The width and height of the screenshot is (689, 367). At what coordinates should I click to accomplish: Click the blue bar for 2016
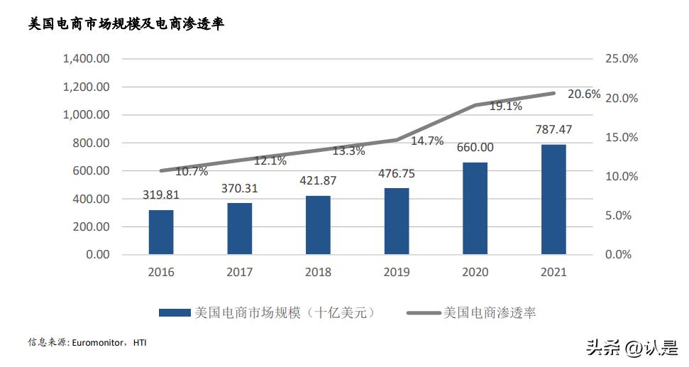point(161,232)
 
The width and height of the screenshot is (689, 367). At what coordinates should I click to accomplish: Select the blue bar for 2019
point(397,221)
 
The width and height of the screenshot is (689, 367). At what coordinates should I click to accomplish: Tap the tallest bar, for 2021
point(554,199)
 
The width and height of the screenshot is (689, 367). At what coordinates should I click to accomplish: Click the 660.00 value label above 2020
point(475,148)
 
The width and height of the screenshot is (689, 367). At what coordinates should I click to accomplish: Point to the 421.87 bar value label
point(317,180)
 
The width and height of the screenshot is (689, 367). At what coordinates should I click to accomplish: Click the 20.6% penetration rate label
point(584,94)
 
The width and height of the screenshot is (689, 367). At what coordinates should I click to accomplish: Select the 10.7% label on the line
point(191,171)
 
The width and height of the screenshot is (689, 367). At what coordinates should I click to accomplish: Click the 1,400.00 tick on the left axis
point(86,59)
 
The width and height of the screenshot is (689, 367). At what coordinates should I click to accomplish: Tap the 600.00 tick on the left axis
point(91,171)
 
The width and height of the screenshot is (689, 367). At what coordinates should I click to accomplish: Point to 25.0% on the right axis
point(621,59)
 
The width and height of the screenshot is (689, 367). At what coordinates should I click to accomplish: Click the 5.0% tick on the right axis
point(618,216)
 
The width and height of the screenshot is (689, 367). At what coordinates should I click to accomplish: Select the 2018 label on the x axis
point(318,272)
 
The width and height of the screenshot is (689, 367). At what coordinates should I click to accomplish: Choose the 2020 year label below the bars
point(475,272)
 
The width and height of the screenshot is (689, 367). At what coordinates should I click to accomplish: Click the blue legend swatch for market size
point(174,312)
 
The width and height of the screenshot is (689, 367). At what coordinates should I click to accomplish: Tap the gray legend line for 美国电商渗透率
point(423,312)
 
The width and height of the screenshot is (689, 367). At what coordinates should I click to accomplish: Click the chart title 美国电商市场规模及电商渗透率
point(126,24)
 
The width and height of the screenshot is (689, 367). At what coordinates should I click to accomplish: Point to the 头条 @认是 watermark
point(631,347)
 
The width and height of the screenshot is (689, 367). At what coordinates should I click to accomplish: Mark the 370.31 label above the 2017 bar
point(239,188)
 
